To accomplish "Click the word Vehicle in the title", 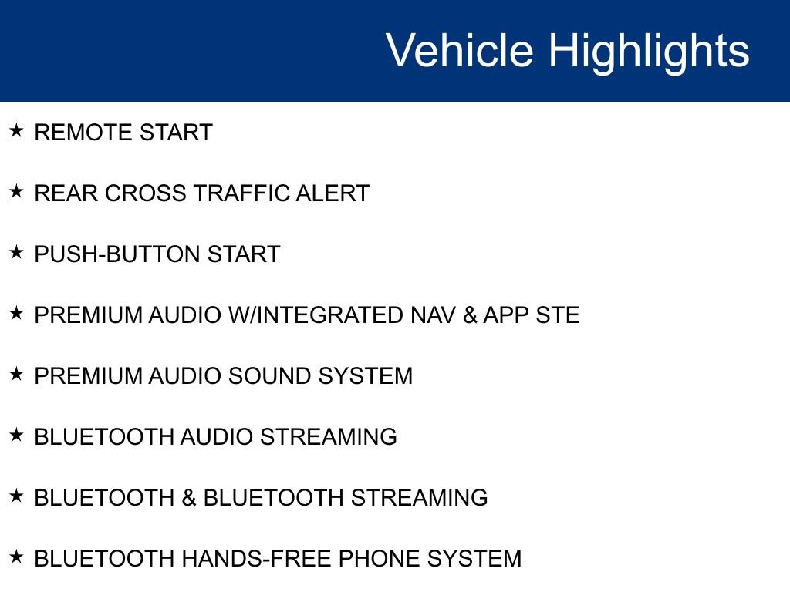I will (x=459, y=51).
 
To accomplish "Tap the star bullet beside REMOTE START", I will (x=16, y=130).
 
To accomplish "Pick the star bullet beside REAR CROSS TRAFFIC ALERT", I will (x=16, y=191).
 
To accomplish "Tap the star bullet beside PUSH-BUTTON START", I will (x=16, y=252).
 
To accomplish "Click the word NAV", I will (x=432, y=315).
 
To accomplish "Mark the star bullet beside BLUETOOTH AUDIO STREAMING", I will (x=16, y=435).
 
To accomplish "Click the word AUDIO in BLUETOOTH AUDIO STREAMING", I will (x=217, y=437).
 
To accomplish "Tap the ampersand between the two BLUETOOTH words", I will (x=189, y=498).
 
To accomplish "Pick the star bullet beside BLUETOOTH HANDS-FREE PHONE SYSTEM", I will (x=16, y=557).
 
